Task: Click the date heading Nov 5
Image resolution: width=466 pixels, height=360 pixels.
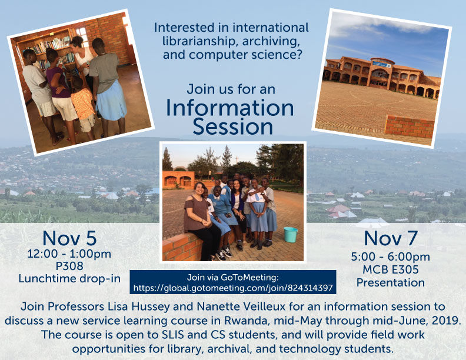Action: pos(69,238)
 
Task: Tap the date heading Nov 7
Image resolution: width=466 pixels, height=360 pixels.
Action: pos(391,238)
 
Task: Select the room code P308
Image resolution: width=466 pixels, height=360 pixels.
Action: pos(69,266)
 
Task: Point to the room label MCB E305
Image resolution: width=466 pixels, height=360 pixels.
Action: pos(391,269)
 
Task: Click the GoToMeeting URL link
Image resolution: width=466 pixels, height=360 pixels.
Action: pos(233,288)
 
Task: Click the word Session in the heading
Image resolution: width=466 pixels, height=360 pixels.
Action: pos(232,126)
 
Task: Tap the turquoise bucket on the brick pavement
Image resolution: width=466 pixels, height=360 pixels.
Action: pos(290,235)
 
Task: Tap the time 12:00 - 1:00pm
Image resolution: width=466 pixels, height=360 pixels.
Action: pos(69,254)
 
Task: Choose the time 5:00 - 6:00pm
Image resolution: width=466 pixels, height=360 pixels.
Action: pos(391,256)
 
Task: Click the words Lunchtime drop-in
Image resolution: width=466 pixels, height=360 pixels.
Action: pos(69,279)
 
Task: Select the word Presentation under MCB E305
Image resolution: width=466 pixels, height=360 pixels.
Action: pos(391,282)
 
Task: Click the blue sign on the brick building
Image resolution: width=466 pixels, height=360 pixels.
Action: pos(382,64)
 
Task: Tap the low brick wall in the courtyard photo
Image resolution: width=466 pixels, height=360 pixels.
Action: pos(410,126)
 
